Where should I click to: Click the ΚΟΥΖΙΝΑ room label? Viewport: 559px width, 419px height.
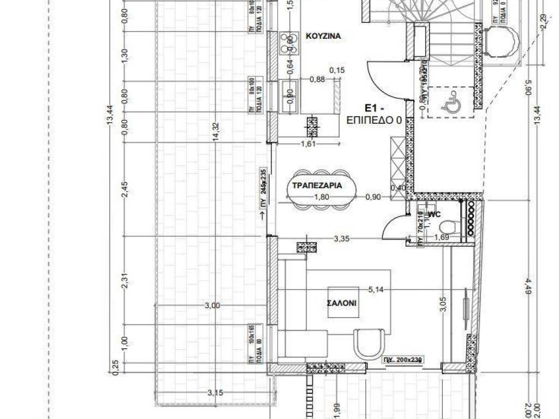pyautogui.click(x=323, y=37)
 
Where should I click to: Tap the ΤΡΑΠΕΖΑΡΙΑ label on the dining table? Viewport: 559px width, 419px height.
pyautogui.click(x=317, y=185)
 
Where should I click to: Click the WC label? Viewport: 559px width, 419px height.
pyautogui.click(x=435, y=214)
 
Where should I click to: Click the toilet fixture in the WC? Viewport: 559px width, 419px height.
pyautogui.click(x=449, y=225)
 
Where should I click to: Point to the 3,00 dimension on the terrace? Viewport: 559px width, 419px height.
pyautogui.click(x=212, y=306)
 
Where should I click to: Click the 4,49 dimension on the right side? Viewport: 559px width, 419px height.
pyautogui.click(x=527, y=286)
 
